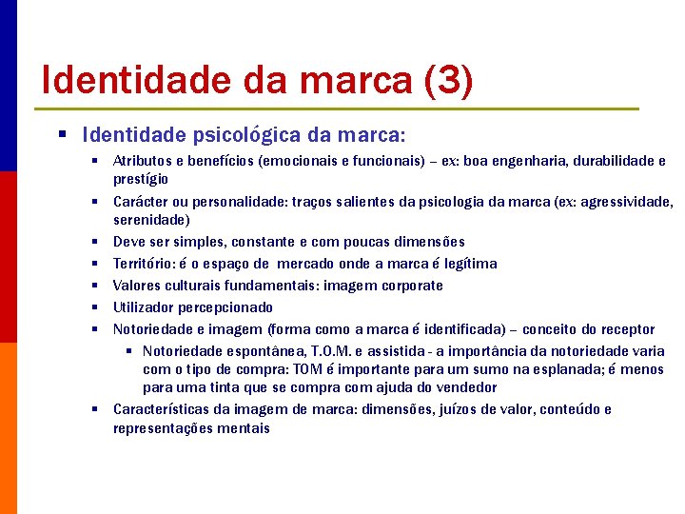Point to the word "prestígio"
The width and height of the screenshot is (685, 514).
click(x=141, y=179)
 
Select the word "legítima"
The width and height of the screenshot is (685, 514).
click(x=467, y=264)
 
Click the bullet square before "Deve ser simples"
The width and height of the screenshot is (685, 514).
click(x=97, y=242)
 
